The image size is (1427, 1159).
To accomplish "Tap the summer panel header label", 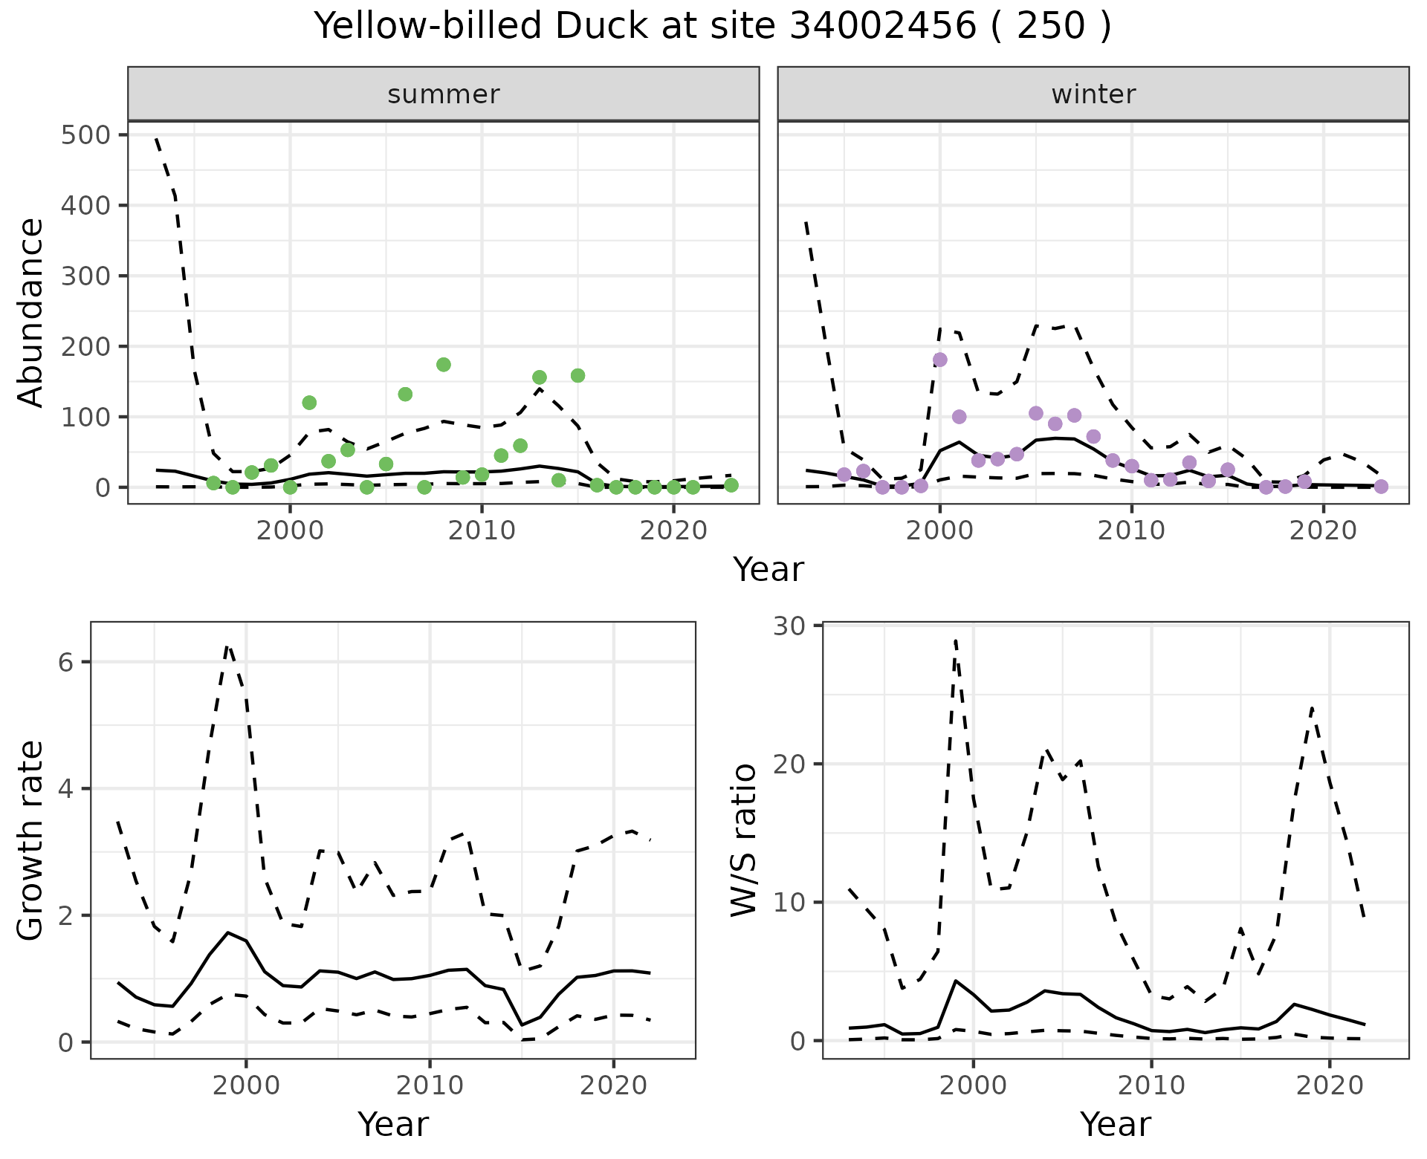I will click(443, 94).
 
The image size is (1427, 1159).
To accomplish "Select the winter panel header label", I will click(1093, 94).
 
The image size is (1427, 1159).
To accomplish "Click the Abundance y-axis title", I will click(31, 312).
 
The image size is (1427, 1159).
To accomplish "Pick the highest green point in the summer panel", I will click(444, 364).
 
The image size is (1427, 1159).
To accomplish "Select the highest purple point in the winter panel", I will click(939, 360).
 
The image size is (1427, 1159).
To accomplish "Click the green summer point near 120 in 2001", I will click(309, 403).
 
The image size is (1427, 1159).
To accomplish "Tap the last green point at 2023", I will click(731, 485).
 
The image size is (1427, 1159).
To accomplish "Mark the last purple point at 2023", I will click(1381, 487).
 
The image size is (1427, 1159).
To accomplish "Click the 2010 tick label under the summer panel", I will click(482, 531).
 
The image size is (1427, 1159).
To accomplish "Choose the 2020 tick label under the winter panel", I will click(1323, 531).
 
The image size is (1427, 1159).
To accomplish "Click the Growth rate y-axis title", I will click(31, 841).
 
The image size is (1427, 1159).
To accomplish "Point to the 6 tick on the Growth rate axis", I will click(65, 662).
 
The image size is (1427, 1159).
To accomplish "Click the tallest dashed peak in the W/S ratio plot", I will click(955, 639).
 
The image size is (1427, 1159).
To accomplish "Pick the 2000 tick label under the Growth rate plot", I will click(246, 1086).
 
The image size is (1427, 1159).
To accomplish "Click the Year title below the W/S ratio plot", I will click(1115, 1124).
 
